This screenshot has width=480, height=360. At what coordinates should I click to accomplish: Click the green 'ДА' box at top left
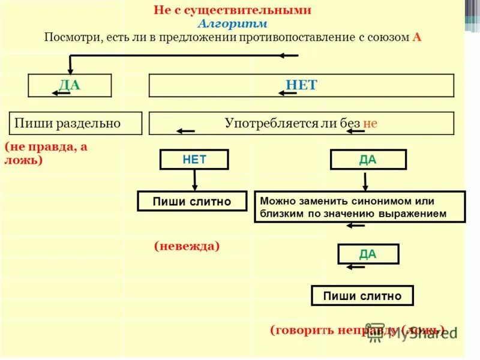tap(70, 85)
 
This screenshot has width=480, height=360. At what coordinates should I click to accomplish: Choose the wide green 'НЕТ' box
tap(301, 85)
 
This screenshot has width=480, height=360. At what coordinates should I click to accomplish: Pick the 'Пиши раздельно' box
tap(76, 123)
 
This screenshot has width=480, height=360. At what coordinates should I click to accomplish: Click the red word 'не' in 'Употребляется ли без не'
tap(370, 124)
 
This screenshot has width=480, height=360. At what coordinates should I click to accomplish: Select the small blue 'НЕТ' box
tap(194, 160)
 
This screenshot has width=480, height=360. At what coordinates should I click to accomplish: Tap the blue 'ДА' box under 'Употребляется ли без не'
tap(368, 160)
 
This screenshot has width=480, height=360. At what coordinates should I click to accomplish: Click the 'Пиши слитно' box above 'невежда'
tap(192, 202)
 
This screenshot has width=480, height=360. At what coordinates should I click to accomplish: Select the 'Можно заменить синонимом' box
tap(359, 207)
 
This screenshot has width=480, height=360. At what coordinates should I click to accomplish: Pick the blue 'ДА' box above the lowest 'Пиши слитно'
tap(368, 254)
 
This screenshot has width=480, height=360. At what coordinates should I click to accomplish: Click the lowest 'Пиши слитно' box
tap(362, 296)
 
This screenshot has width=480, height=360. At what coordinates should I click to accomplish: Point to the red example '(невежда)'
tap(187, 245)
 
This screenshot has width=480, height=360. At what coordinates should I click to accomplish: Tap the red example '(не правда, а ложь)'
tap(46, 154)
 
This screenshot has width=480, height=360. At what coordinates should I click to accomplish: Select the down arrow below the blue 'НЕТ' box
tap(194, 179)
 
